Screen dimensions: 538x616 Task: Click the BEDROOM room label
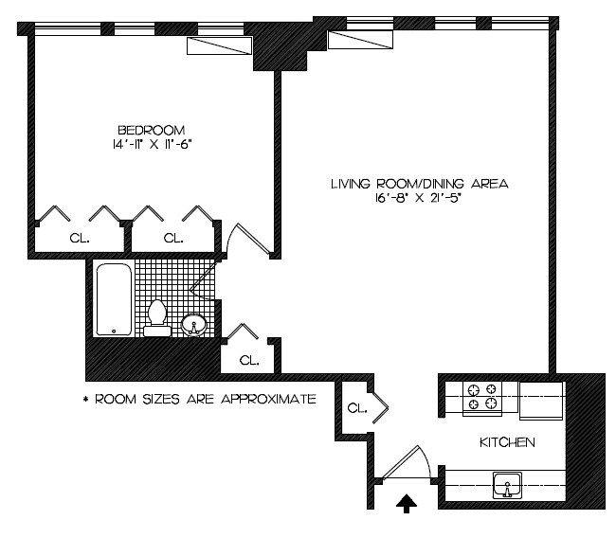click(x=151, y=130)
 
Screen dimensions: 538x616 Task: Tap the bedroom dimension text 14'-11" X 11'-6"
click(x=151, y=145)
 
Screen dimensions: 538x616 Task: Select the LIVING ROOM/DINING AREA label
click(x=419, y=184)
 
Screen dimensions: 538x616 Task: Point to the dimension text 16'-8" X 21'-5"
click(x=419, y=199)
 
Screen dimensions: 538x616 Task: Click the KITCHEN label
click(x=507, y=442)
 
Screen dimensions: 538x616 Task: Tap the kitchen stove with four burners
click(x=481, y=397)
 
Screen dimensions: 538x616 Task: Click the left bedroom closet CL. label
click(x=80, y=239)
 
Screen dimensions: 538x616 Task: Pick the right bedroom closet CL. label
click(x=172, y=239)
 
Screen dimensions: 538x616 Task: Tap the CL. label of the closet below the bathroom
click(x=248, y=360)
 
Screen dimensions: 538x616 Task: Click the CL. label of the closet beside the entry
click(x=356, y=408)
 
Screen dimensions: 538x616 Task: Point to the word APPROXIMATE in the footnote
click(x=267, y=399)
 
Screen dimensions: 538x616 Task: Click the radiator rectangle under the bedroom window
click(x=219, y=48)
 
